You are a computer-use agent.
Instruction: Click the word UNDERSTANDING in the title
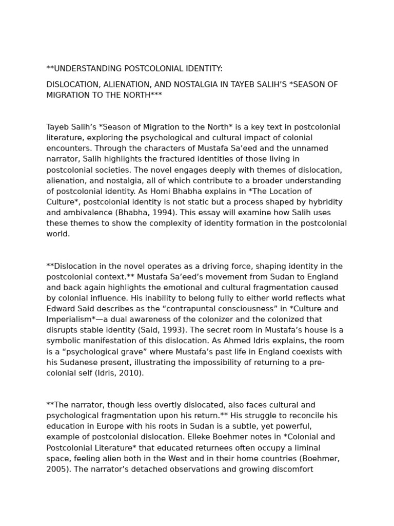click(82, 69)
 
